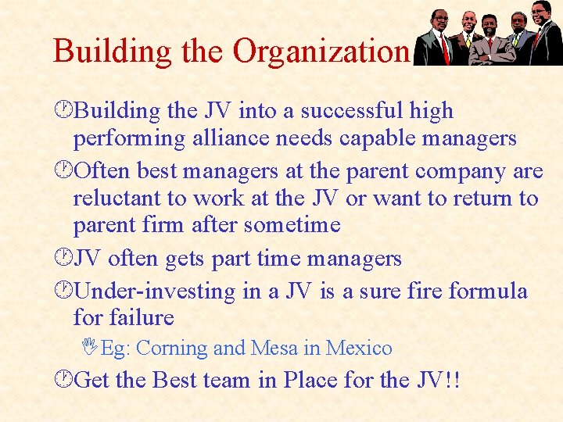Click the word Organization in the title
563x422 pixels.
point(321,51)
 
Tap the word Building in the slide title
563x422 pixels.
point(105,51)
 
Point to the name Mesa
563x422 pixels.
point(277,348)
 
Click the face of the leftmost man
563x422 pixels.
point(440,19)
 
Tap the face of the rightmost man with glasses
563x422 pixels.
point(540,13)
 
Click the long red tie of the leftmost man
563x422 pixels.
point(445,47)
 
